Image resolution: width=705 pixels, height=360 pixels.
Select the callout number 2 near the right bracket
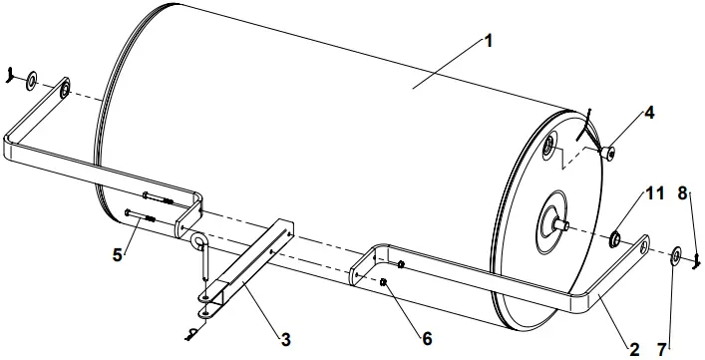coord(632,349)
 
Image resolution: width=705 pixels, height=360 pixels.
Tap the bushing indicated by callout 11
coord(616,238)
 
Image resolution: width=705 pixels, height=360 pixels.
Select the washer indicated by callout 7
coord(675,257)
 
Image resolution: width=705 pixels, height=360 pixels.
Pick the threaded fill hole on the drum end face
coord(548,150)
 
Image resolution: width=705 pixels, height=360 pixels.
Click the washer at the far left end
coord(32,78)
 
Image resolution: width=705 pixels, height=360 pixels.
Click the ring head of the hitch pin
coord(198,241)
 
